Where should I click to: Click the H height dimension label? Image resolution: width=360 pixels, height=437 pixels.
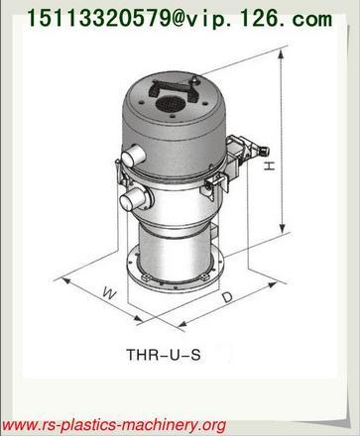pyautogui.click(x=270, y=165)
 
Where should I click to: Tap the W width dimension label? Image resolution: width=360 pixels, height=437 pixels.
pyautogui.click(x=109, y=292)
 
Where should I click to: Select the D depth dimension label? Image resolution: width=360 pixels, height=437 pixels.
pyautogui.click(x=227, y=297)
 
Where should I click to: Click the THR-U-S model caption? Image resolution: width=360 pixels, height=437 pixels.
pyautogui.click(x=164, y=355)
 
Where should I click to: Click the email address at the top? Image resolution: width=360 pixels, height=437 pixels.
pyautogui.click(x=179, y=18)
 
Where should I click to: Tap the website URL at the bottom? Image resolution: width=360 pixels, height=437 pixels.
pyautogui.click(x=114, y=424)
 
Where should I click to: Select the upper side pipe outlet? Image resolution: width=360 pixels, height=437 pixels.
pyautogui.click(x=133, y=156)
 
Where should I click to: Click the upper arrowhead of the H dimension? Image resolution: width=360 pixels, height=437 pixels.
pyautogui.click(x=282, y=54)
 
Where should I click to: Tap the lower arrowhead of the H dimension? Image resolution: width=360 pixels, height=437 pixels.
pyautogui.click(x=282, y=228)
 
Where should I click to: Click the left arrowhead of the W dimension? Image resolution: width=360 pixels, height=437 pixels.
pyautogui.click(x=65, y=281)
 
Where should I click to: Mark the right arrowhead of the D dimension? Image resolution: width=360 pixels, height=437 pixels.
pyautogui.click(x=272, y=284)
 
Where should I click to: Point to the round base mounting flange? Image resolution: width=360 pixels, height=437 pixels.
pyautogui.click(x=176, y=271)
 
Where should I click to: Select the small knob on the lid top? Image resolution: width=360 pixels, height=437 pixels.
pyautogui.click(x=194, y=80)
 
